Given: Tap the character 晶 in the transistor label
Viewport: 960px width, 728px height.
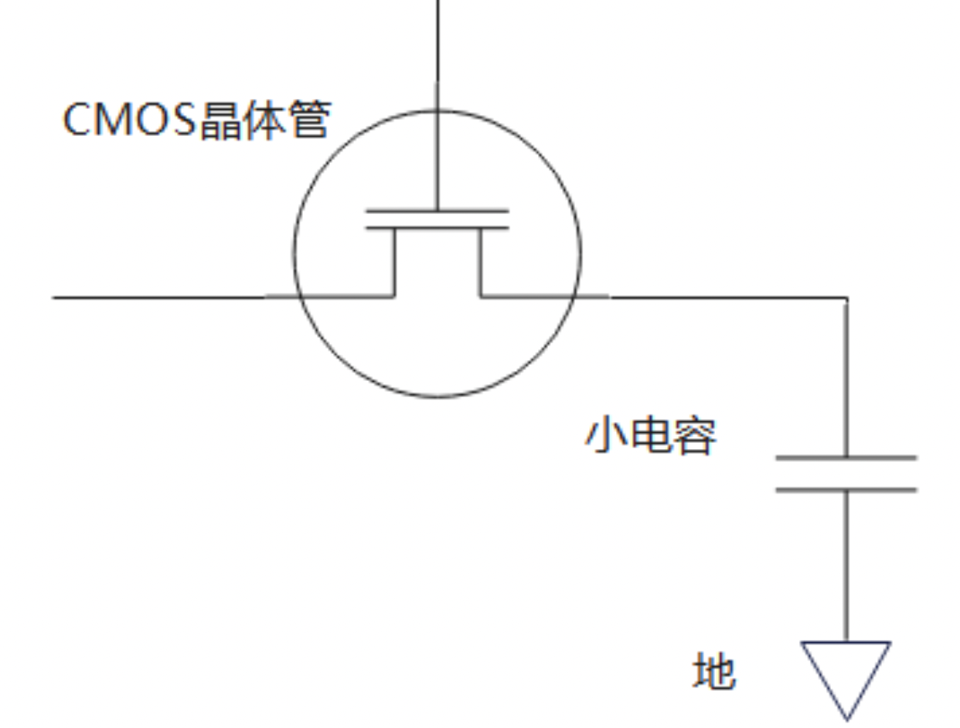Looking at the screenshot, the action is pyautogui.click(x=221, y=121).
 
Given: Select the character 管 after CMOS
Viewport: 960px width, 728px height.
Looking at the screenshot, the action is pyautogui.click(x=310, y=121).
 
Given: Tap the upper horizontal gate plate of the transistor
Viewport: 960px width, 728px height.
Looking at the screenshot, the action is pyautogui.click(x=437, y=210).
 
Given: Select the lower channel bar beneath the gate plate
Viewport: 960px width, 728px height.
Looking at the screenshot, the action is pyautogui.click(x=437, y=228).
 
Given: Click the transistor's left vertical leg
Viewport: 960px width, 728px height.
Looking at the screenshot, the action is pyautogui.click(x=394, y=263).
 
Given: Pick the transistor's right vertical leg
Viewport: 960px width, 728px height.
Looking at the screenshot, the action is pyautogui.click(x=480, y=263).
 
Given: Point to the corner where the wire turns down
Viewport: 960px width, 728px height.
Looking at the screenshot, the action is pyautogui.click(x=846, y=298).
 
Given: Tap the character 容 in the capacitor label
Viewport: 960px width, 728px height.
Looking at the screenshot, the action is pyautogui.click(x=696, y=438).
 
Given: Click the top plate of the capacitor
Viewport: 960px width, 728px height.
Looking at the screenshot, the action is pyautogui.click(x=846, y=458).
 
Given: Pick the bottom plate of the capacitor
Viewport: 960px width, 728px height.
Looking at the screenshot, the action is pyautogui.click(x=846, y=489).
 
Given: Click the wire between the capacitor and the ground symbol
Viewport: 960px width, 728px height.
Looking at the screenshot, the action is pyautogui.click(x=846, y=564).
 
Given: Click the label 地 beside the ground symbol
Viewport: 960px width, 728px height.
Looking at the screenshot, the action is pyautogui.click(x=713, y=672).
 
